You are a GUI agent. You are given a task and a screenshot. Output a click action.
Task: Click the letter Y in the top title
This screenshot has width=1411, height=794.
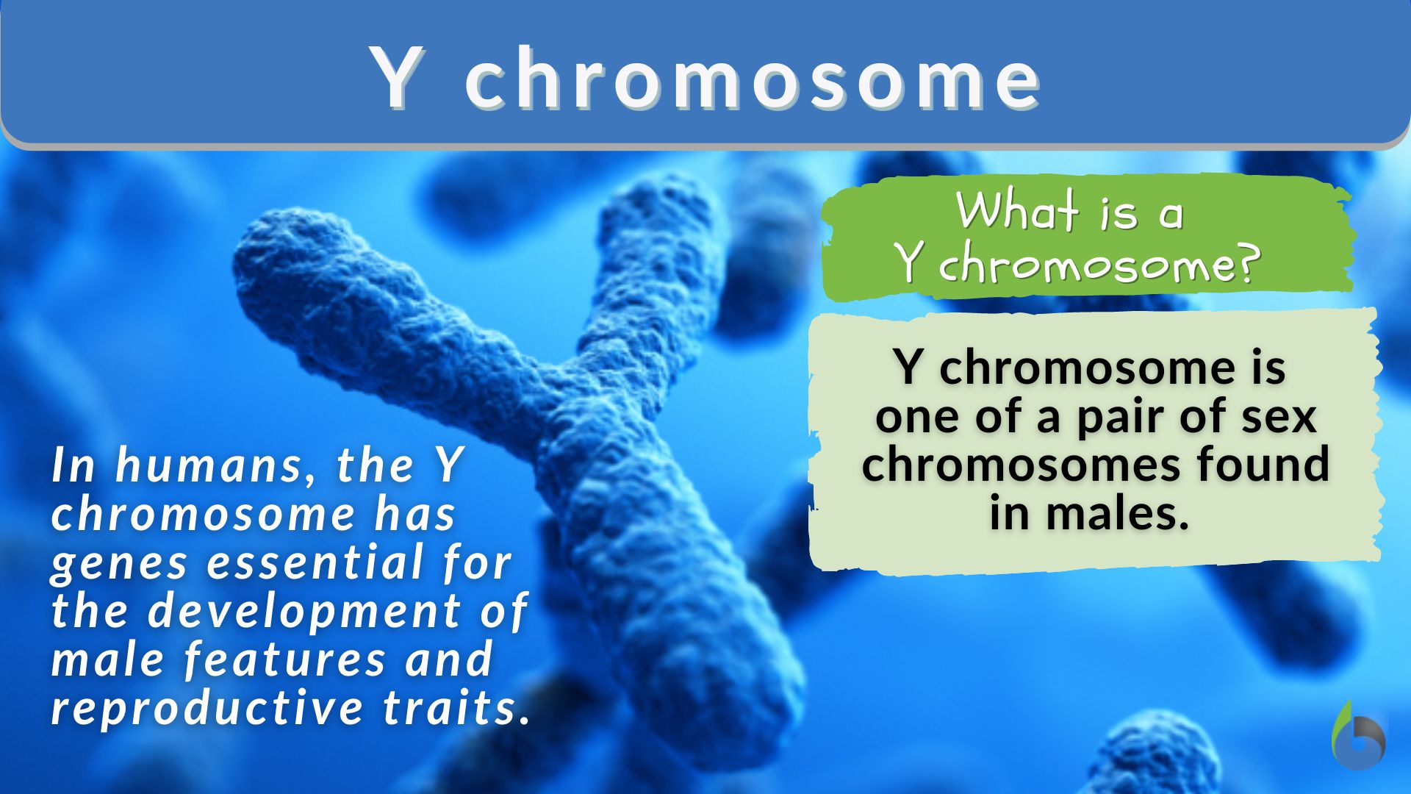(x=400, y=78)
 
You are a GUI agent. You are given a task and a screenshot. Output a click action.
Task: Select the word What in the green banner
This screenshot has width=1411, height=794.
(x=1016, y=211)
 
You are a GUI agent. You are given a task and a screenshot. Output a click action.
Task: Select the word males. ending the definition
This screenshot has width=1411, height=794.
(x=1117, y=512)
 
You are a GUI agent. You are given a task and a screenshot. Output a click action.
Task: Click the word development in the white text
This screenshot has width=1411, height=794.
(x=305, y=611)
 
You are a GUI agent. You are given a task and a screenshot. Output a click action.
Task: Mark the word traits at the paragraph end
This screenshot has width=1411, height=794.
(x=456, y=707)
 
